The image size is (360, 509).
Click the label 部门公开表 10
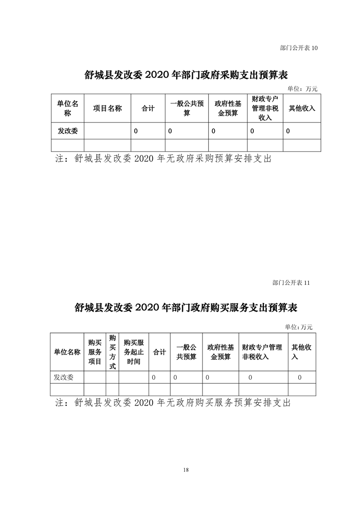point(299,48)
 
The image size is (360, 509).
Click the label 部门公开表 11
point(291,283)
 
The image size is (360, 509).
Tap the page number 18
point(186,470)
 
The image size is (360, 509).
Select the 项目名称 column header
point(108,108)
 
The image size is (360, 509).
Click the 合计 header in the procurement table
point(148,108)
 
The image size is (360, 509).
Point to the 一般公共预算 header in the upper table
point(187,108)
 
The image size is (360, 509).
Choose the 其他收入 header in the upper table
point(302,108)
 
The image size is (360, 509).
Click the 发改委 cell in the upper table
point(68,131)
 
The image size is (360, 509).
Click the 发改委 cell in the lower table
point(64,377)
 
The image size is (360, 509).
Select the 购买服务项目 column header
point(95,352)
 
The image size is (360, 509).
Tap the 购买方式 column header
point(113,352)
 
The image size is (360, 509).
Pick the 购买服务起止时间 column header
point(133,352)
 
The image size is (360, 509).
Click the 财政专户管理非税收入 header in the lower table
point(262,352)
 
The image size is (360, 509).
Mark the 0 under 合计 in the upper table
point(136,131)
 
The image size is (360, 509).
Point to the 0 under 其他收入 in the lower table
point(300,377)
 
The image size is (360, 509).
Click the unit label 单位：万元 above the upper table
point(302,88)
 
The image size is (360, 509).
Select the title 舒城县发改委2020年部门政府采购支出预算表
point(186,75)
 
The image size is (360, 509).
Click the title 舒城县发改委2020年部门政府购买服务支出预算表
point(186,307)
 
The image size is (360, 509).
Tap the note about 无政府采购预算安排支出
point(163,158)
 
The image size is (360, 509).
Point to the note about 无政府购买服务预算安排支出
point(173,402)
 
